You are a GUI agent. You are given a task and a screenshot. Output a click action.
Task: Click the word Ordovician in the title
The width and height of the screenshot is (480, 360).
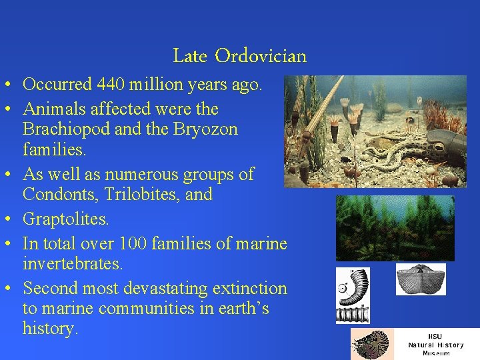pyautogui.click(x=261, y=56)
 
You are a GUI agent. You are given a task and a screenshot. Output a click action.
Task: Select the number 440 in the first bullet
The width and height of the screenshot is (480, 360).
pyautogui.click(x=111, y=85)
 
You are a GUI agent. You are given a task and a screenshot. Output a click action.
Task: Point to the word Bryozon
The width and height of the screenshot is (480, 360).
pyautogui.click(x=203, y=129)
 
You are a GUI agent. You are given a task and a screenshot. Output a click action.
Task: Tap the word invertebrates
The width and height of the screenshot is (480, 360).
pyautogui.click(x=73, y=264)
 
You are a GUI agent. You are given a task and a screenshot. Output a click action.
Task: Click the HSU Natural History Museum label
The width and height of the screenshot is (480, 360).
pyautogui.click(x=435, y=344)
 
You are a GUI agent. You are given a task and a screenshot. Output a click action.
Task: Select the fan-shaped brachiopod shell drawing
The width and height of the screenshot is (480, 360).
pyautogui.click(x=420, y=279)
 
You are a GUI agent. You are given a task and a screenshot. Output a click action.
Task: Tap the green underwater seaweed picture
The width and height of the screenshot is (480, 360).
pyautogui.click(x=395, y=228)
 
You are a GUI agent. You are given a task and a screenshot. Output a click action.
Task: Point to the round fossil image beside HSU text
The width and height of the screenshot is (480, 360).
pyautogui.click(x=372, y=345)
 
